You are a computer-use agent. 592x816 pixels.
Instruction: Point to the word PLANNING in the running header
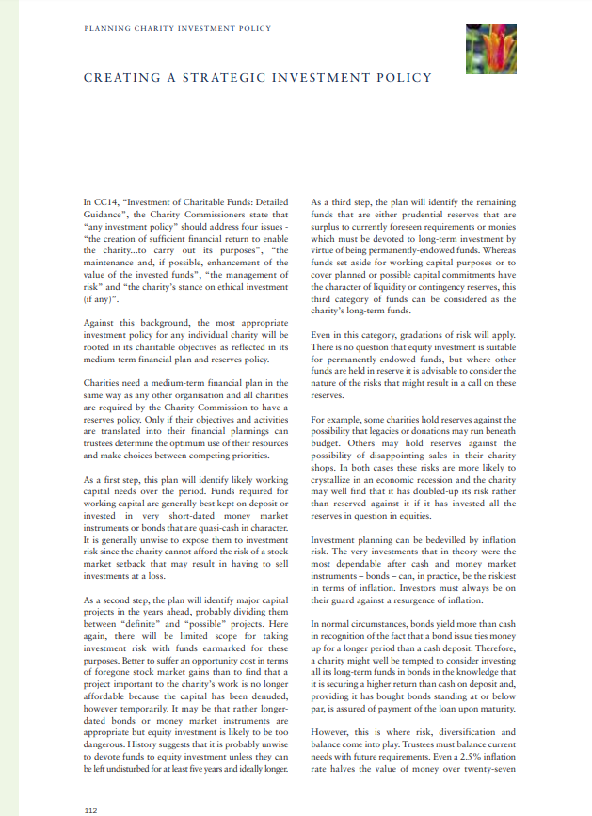105,29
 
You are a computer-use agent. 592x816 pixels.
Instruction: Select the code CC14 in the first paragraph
104,201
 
